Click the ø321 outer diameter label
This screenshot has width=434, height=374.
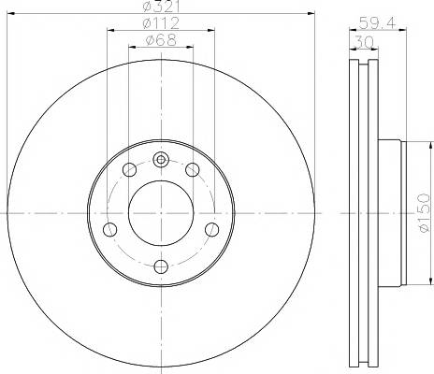pyautogui.click(x=160, y=7)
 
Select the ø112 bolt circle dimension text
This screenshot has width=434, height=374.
pyautogui.click(x=161, y=23)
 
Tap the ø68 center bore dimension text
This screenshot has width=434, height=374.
pyautogui.click(x=161, y=40)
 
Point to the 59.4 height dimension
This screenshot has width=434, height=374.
pyautogui.click(x=378, y=23)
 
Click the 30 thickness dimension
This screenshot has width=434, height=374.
pyautogui.click(x=364, y=42)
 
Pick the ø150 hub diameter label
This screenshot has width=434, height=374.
pyautogui.click(x=424, y=213)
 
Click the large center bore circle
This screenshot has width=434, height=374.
pyautogui.click(x=161, y=212)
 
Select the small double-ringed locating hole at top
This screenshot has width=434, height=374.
pyautogui.click(x=161, y=160)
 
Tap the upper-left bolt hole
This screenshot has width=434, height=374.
pyautogui.click(x=130, y=170)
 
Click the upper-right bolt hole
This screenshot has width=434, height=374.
pyautogui.click(x=193, y=170)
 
